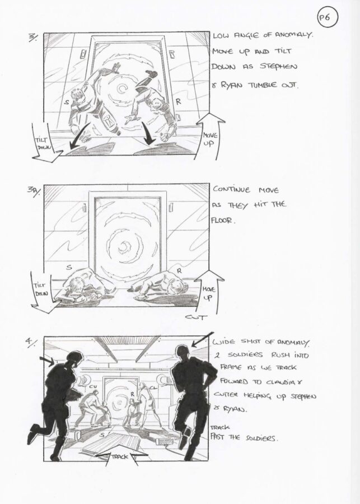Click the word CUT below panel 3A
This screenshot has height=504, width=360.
click(196, 318)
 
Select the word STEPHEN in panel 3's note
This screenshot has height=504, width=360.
click(278, 67)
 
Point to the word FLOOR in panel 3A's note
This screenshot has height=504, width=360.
click(222, 220)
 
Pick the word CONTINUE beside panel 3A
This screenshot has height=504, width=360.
click(232, 190)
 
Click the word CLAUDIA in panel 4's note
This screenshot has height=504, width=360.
click(283, 382)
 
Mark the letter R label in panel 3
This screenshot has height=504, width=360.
click(179, 102)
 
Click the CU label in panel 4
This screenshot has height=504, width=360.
click(93, 386)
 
